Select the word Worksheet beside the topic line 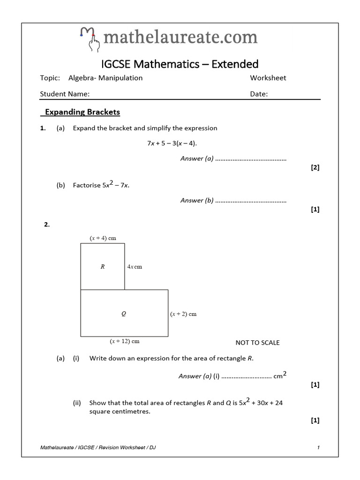pyautogui.click(x=268, y=78)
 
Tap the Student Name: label pyautogui.click(x=65, y=94)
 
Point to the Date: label pyautogui.click(x=259, y=94)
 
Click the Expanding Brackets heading pyautogui.click(x=82, y=112)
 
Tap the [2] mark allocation pyautogui.click(x=315, y=167)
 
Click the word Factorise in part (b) pyautogui.click(x=87, y=185)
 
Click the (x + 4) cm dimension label pyautogui.click(x=103, y=238)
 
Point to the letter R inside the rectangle pyautogui.click(x=102, y=267)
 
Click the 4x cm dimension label pyautogui.click(x=135, y=267)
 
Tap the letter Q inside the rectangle pyautogui.click(x=124, y=314)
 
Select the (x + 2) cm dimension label pyautogui.click(x=183, y=314)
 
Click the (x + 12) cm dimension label pyautogui.click(x=124, y=341)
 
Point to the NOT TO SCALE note pyautogui.click(x=257, y=343)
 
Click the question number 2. pyautogui.click(x=47, y=225)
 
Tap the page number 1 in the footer pyautogui.click(x=318, y=448)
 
